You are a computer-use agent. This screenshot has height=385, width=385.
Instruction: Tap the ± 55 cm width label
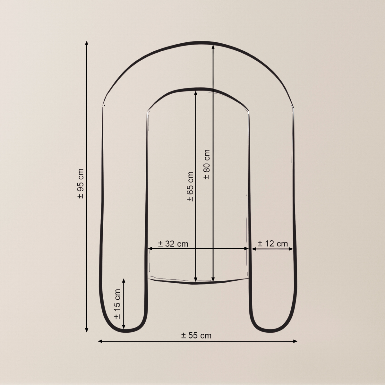point(196,335)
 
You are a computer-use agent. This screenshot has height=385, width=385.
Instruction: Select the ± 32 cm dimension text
point(173,244)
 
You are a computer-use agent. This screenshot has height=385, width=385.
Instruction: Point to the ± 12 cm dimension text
point(272,244)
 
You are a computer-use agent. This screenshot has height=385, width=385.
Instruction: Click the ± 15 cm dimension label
point(117,304)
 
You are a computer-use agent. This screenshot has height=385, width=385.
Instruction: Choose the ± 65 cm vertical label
point(190,186)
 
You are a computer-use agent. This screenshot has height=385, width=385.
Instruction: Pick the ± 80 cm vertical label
point(207,165)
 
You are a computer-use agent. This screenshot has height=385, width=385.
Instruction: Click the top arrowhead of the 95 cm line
point(87,43)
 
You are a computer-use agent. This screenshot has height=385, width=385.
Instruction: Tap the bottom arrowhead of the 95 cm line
point(87,330)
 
